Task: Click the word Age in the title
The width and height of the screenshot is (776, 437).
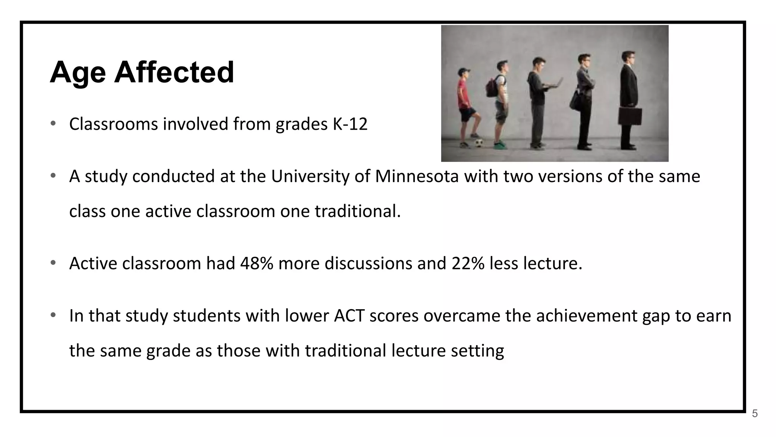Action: tap(78, 73)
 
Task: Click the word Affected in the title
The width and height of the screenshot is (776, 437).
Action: tap(174, 72)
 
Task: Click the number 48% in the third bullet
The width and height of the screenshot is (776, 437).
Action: tap(257, 263)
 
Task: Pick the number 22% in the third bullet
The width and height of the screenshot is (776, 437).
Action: tap(468, 263)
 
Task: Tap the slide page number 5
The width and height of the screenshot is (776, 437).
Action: tap(755, 414)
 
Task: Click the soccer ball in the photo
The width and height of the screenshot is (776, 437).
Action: tap(479, 143)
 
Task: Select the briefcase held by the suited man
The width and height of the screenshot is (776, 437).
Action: tap(630, 116)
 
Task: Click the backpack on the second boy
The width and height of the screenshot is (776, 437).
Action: tap(492, 86)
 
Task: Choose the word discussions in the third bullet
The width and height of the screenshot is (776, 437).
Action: tap(368, 263)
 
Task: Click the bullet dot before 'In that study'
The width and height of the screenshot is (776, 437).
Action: tap(53, 315)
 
